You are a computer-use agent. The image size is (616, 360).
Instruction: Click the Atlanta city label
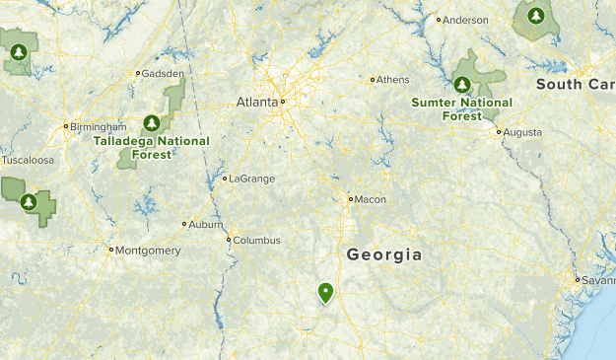tap(257, 102)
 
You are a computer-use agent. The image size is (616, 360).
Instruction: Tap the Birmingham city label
tap(99, 126)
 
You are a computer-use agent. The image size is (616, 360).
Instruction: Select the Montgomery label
tap(148, 251)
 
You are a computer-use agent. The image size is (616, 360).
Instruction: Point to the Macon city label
tap(371, 199)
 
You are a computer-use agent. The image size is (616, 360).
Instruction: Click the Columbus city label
tap(257, 240)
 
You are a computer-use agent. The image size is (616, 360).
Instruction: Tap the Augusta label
tap(522, 131)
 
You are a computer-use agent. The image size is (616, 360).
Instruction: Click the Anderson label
tap(465, 20)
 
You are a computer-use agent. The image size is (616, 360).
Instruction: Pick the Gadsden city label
tap(163, 73)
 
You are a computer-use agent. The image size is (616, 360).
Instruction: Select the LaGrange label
tap(251, 179)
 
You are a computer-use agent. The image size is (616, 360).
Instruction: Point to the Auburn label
tap(206, 224)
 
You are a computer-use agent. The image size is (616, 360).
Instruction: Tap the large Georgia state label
tap(384, 254)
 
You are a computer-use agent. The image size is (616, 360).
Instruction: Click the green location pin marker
tap(325, 292)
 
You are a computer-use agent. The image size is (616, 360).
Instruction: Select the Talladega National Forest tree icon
tap(152, 123)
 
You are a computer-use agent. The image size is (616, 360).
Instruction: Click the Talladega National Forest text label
tap(152, 146)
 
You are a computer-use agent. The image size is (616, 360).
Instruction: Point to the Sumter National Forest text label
tap(462, 108)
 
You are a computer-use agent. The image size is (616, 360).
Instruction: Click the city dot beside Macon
tap(350, 199)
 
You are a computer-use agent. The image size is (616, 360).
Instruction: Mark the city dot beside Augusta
tap(499, 131)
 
